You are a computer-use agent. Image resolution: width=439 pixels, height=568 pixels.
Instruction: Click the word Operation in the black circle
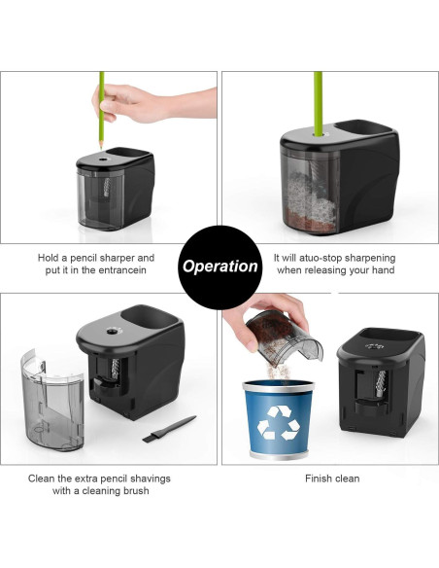coord(219,266)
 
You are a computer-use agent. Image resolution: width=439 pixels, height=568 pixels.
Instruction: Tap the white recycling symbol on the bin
coord(279,422)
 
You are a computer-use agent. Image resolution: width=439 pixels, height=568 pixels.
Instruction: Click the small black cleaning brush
coord(169,429)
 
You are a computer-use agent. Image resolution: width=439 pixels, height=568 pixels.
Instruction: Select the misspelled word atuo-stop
coord(317,258)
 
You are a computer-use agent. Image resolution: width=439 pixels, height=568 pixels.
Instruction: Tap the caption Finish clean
coord(332,479)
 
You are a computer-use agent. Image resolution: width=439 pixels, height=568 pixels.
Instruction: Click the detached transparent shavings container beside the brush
coord(52,401)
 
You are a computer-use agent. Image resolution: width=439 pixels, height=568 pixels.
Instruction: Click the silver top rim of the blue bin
coord(278,386)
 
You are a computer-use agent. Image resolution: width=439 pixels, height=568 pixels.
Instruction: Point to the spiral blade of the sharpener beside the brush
coord(116,369)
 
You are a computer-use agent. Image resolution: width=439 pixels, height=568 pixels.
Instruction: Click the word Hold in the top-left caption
coord(49,258)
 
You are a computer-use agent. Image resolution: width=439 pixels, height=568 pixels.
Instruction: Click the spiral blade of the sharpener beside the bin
coord(381,383)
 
